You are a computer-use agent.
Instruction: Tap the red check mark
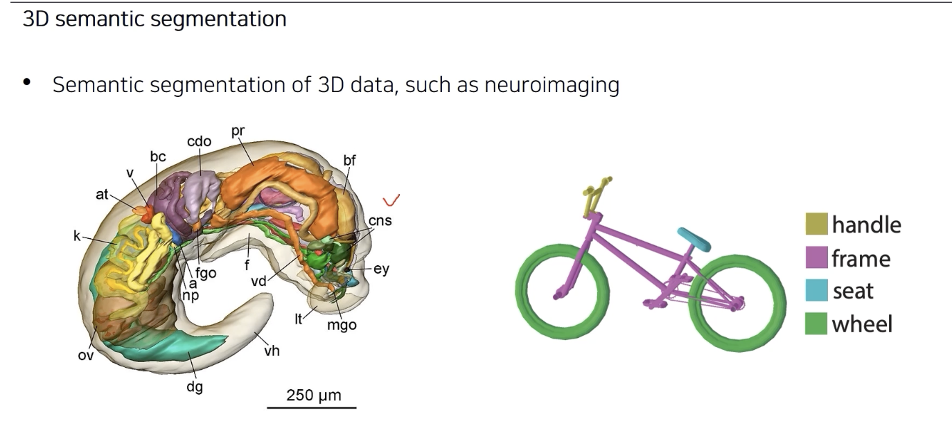pyautogui.click(x=392, y=201)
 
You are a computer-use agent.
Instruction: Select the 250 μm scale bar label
pyautogui.click(x=314, y=395)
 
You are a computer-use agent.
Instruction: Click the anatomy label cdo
pyautogui.click(x=199, y=141)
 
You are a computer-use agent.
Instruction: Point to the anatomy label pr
pyautogui.click(x=239, y=130)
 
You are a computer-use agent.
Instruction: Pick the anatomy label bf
pyautogui.click(x=349, y=161)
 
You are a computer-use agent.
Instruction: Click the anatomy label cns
pyautogui.click(x=380, y=221)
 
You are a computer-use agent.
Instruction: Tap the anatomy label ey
pyautogui.click(x=381, y=269)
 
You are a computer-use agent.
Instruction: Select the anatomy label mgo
pyautogui.click(x=342, y=324)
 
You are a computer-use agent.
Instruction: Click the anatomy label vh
pyautogui.click(x=272, y=350)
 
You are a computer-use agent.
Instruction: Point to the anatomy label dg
pyautogui.click(x=195, y=387)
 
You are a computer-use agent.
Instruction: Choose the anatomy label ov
pyautogui.click(x=85, y=356)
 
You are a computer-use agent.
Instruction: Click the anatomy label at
pyautogui.click(x=103, y=195)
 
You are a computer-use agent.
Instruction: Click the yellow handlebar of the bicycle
pyautogui.click(x=594, y=197)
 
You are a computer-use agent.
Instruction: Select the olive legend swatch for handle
pyautogui.click(x=816, y=224)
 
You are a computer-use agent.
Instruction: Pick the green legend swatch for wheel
pyautogui.click(x=816, y=323)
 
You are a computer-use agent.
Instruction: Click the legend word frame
pyautogui.click(x=861, y=259)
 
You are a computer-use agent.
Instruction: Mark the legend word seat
pyautogui.click(x=853, y=292)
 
